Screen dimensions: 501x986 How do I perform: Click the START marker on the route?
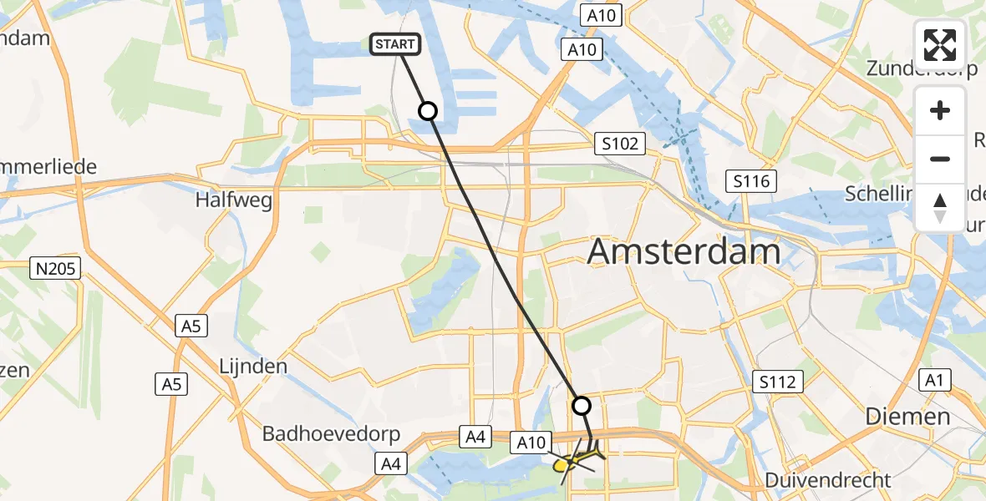pyautogui.click(x=394, y=44)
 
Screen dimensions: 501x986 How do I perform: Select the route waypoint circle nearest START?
pyautogui.click(x=427, y=110)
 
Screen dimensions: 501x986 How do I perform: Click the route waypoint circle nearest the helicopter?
pyautogui.click(x=581, y=406)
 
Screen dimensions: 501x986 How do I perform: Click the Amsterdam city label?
pyautogui.click(x=684, y=251)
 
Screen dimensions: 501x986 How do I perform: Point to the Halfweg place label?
pyautogui.click(x=228, y=200)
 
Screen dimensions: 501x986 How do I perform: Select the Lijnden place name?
pyautogui.click(x=252, y=366)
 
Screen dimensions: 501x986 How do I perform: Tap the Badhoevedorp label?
pyautogui.click(x=332, y=434)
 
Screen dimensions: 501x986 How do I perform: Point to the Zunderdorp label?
pyautogui.click(x=921, y=68)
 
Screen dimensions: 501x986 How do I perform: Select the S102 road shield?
pyautogui.click(x=620, y=144)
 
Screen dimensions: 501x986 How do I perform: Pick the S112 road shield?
pyautogui.click(x=777, y=382)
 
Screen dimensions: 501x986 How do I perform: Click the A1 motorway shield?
pyautogui.click(x=934, y=381)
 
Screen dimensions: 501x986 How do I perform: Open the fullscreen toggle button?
pyautogui.click(x=940, y=45)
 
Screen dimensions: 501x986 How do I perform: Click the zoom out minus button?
pyautogui.click(x=940, y=159)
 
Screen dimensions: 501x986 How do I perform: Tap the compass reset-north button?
pyautogui.click(x=940, y=207)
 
